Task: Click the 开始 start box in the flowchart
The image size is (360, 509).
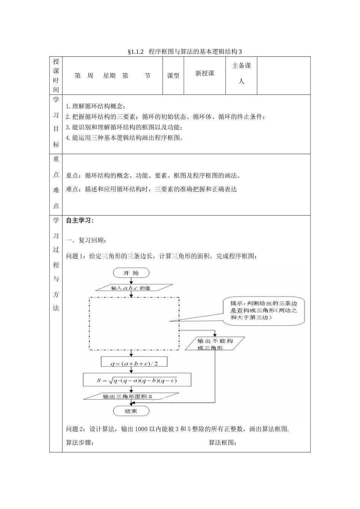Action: [x=131, y=273]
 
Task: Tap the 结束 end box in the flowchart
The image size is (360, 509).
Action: [x=131, y=411]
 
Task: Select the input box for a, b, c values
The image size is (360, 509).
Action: [x=131, y=288]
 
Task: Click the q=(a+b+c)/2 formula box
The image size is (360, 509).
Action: [x=134, y=363]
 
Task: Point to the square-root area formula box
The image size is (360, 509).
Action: [x=137, y=380]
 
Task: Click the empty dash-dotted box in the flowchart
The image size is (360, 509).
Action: [x=134, y=323]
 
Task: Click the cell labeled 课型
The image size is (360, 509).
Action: [x=173, y=76]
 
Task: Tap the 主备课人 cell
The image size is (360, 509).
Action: [x=241, y=73]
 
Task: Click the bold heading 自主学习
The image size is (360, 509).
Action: [x=80, y=221]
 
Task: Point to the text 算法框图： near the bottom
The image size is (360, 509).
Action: [x=223, y=443]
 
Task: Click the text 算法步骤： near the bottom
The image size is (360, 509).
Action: [x=80, y=443]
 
